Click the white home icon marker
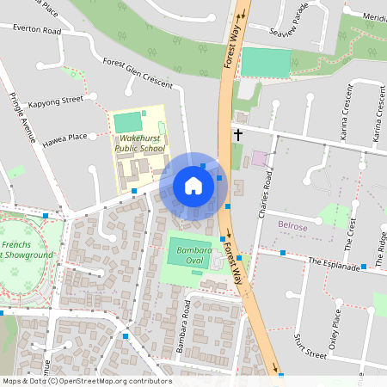tap(193, 186)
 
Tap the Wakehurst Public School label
tap(140, 143)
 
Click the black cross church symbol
tap(237, 135)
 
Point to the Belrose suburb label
tap(293, 225)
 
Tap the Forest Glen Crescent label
tap(138, 74)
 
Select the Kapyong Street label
tap(55, 101)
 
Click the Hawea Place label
tap(67, 136)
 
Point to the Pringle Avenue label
tap(23, 117)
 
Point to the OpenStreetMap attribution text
tap(86, 381)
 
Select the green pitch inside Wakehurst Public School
tap(126, 122)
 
